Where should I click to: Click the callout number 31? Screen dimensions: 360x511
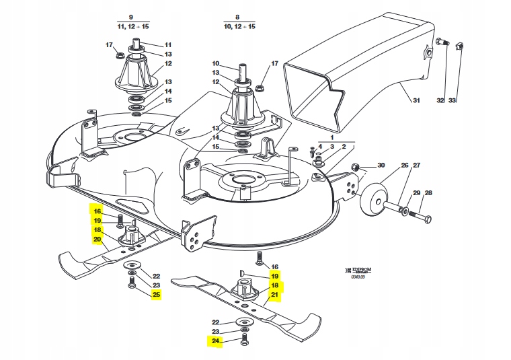pos(416,101)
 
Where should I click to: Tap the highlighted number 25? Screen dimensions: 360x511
pos(156,295)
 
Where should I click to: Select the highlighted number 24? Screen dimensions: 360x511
pos(216,342)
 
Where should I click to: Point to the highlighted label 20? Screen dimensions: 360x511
pos(97,239)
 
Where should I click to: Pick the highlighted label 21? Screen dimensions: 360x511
pos(274,295)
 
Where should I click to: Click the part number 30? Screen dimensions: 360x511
pos(381,166)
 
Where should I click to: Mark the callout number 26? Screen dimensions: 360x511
pos(405,166)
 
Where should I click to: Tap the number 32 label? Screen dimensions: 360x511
pos(440,101)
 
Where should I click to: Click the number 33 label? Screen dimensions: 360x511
pos(453,101)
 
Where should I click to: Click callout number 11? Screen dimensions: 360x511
pos(168,44)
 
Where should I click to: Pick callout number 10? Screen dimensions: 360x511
pos(216,64)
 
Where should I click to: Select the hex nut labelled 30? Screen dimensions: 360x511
pos(358,168)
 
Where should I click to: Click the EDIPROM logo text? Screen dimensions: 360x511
pos(358,269)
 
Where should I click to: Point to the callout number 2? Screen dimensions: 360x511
pos(344,147)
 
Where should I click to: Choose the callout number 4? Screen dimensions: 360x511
pos(320,147)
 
